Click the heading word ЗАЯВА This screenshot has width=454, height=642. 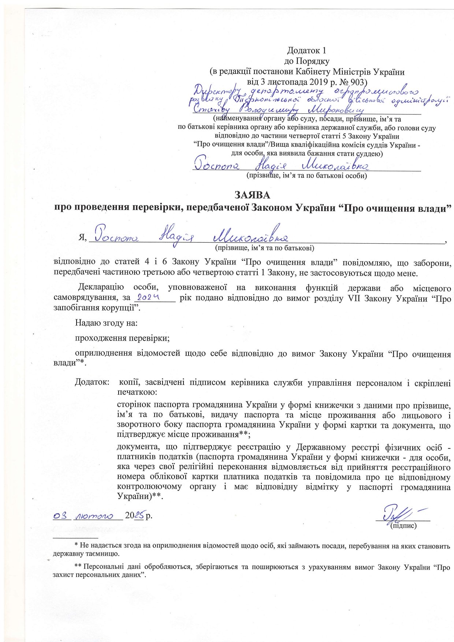(252, 195)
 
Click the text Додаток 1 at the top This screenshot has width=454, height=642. (306, 50)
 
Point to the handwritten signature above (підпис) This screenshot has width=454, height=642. (397, 514)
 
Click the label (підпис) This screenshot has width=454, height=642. (403, 526)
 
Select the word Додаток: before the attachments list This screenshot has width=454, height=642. (92, 383)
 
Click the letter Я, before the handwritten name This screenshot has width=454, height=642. (82, 238)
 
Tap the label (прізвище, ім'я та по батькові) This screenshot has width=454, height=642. (264, 248)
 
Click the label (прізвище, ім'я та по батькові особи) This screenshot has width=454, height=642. (306, 176)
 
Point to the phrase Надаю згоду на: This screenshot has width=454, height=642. (106, 323)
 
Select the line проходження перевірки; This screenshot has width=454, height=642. (122, 338)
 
